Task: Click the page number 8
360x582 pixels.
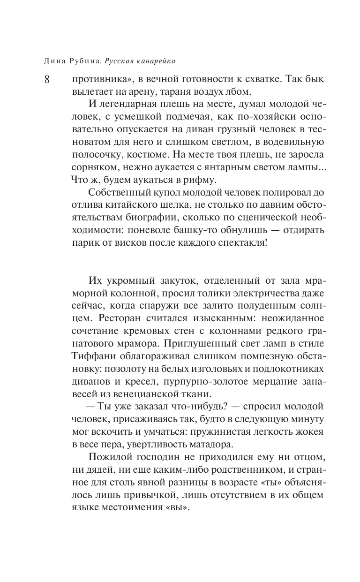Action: click(x=47, y=79)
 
